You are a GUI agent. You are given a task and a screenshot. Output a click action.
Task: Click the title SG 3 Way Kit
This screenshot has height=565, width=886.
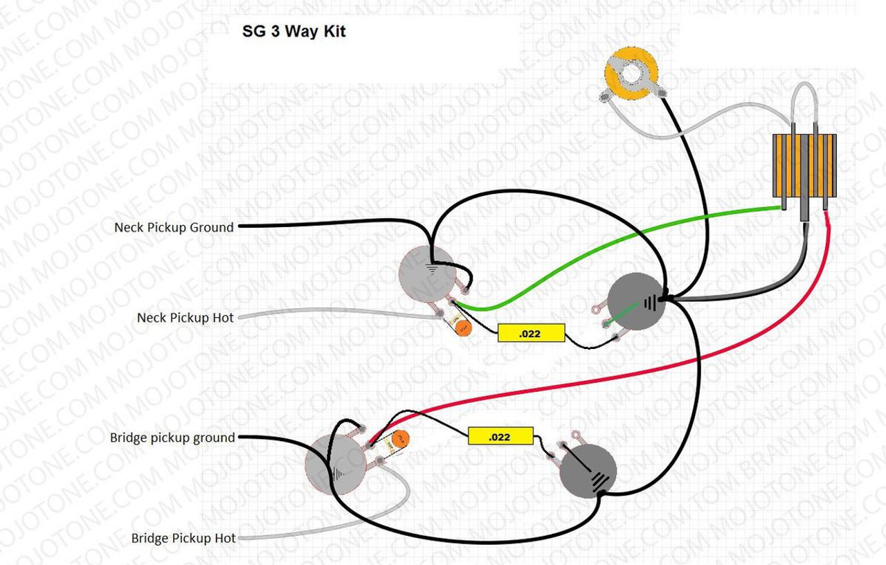[293, 32]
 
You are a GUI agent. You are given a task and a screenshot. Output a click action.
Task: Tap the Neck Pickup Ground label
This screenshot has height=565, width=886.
[174, 227]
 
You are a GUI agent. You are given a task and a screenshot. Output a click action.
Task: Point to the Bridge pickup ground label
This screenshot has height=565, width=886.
[172, 438]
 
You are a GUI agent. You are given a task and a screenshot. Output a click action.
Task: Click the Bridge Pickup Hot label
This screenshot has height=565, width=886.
[183, 538]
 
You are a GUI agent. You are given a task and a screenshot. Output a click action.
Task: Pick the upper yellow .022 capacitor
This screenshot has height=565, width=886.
[531, 333]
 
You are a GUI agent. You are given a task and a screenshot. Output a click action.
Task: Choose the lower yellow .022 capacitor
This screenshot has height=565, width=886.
[500, 436]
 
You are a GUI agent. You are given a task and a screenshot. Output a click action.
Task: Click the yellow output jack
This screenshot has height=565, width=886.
[631, 75]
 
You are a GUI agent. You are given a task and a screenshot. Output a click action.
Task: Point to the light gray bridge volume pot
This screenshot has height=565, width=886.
[335, 463]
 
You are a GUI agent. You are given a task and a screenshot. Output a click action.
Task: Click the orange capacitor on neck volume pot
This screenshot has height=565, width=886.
[463, 328]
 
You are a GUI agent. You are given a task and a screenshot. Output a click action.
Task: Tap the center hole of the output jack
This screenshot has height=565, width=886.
[631, 73]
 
